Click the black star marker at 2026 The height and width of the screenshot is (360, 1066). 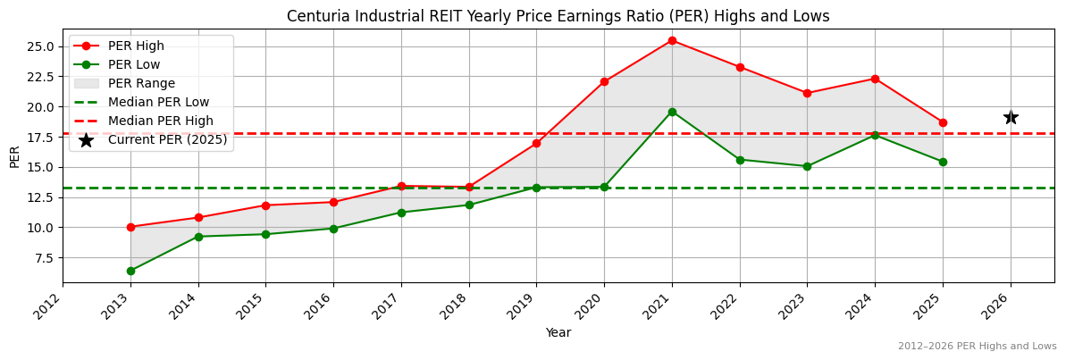tap(1010, 117)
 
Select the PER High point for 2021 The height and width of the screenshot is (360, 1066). tap(672, 40)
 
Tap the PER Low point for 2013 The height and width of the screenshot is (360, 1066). tap(130, 271)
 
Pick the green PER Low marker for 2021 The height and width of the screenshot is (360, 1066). tap(672, 112)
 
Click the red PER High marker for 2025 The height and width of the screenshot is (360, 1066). tap(943, 122)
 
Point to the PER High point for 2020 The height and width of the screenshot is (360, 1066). tap(604, 81)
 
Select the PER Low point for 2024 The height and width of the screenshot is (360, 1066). tap(875, 135)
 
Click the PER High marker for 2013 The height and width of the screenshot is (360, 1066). tap(130, 227)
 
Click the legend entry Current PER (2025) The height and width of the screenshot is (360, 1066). tap(167, 139)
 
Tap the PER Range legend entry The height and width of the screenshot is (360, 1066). tap(141, 83)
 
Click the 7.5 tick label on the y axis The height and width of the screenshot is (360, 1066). tap(45, 258)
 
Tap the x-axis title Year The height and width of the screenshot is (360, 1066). tap(558, 332)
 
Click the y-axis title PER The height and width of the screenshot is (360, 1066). tap(14, 155)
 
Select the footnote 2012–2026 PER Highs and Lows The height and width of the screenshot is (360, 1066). tap(977, 346)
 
